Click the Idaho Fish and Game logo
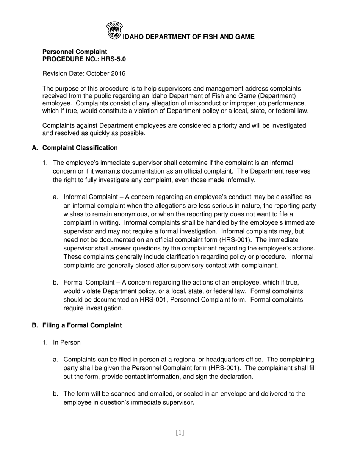(114, 30)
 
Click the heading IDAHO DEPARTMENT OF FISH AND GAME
(189, 37)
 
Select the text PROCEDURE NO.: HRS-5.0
(84, 59)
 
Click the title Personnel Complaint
(75, 52)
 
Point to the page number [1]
(180, 433)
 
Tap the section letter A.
(35, 148)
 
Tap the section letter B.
(35, 325)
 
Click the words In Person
(67, 342)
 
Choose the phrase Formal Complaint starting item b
(88, 283)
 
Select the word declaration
(225, 377)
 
